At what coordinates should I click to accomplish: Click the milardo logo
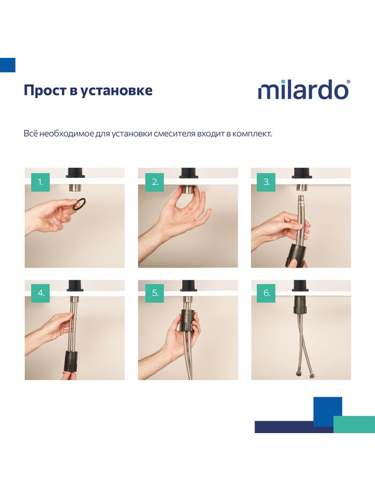304,90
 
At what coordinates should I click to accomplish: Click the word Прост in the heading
45,90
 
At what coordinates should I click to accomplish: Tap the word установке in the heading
116,91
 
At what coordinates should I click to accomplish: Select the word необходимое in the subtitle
67,133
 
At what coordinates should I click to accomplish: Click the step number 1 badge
40,182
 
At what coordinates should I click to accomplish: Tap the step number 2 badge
155,182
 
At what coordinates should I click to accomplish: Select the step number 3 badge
266,182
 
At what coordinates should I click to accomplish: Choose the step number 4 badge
40,293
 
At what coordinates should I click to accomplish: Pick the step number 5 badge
155,293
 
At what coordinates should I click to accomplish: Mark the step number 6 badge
266,293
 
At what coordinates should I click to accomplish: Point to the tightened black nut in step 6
302,304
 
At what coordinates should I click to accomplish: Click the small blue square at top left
7,65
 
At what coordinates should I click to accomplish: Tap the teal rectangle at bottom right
354,425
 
